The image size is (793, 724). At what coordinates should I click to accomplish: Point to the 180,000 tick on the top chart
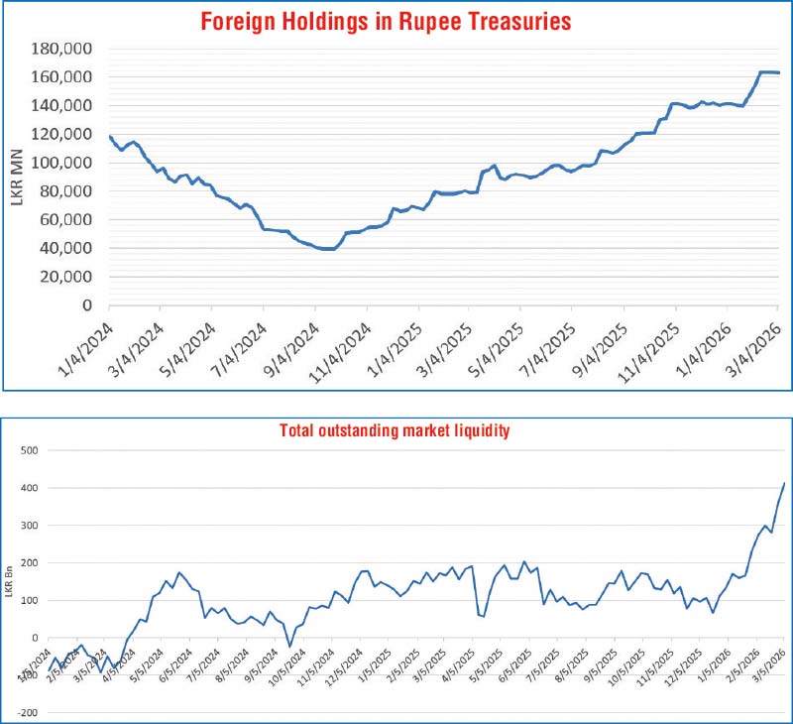64,49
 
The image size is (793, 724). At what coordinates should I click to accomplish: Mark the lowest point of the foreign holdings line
327,249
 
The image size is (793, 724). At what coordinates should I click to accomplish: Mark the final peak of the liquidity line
784,483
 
